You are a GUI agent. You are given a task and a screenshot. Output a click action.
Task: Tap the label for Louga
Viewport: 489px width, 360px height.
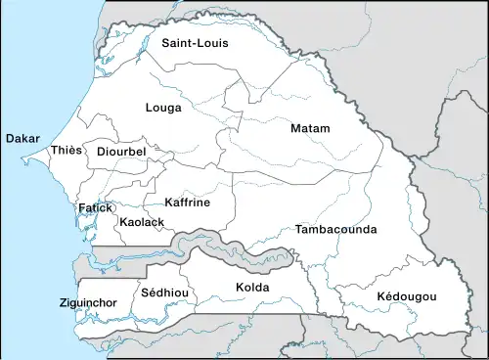tap(162, 108)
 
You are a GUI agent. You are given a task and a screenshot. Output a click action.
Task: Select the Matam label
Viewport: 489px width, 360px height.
tap(310, 129)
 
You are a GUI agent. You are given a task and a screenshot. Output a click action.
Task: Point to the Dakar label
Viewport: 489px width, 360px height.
tap(22, 139)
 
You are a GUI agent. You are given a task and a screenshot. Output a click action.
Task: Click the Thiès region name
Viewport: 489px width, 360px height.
tap(67, 150)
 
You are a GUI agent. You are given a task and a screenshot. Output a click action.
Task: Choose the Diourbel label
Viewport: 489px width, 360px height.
tap(121, 153)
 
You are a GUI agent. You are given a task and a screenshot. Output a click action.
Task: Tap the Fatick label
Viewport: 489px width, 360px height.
tap(97, 208)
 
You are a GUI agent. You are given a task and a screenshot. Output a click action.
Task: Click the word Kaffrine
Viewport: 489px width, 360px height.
tap(187, 202)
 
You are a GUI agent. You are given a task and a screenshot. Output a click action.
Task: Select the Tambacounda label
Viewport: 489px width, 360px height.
tap(335, 229)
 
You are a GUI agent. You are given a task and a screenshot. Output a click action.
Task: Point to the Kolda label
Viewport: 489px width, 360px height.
tap(252, 288)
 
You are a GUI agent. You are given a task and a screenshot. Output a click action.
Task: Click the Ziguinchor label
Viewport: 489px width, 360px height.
tap(88, 303)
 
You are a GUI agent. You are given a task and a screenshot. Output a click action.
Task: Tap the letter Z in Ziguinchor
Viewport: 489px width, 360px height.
tap(62, 303)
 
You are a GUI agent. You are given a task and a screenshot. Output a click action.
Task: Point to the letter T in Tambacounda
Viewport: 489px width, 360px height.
tap(297, 229)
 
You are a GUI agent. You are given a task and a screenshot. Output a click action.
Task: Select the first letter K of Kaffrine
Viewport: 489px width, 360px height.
tap(167, 202)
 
